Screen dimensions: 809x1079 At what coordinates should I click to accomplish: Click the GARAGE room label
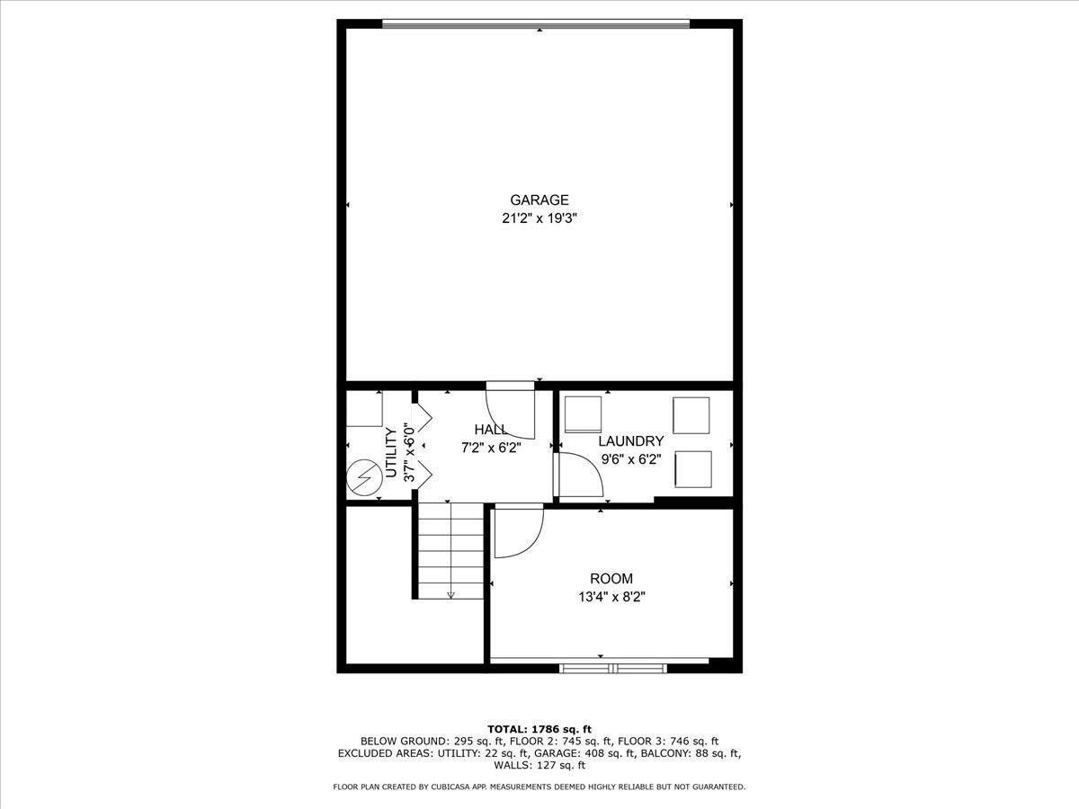click(539, 200)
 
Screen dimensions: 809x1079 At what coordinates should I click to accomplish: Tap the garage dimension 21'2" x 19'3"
click(539, 218)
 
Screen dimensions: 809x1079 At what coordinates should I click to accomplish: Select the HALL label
click(491, 430)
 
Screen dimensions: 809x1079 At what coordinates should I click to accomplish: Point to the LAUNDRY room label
click(631, 441)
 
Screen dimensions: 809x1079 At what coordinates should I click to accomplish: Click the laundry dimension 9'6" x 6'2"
click(631, 458)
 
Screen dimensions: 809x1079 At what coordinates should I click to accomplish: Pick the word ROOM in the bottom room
click(611, 579)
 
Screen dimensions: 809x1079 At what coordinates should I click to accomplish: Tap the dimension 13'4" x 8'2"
click(611, 596)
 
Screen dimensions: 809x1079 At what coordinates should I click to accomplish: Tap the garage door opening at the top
click(536, 24)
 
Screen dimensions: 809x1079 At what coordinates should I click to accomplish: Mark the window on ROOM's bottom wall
click(612, 667)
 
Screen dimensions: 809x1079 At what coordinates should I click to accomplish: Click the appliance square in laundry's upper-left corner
click(583, 413)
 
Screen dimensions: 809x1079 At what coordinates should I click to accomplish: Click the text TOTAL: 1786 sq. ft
click(539, 728)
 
